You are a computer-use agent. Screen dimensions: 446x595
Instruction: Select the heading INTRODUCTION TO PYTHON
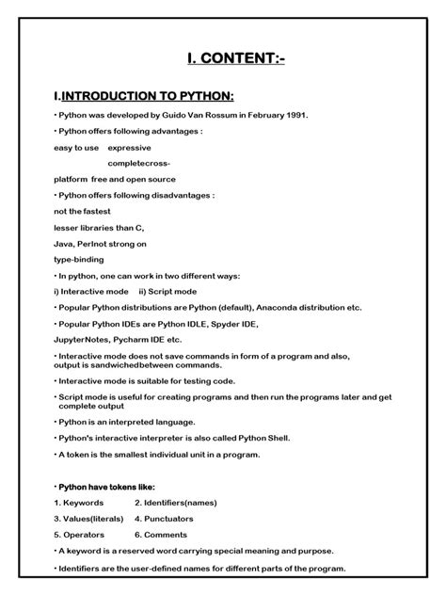[147, 97]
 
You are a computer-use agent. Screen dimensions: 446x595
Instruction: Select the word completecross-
[139, 163]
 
